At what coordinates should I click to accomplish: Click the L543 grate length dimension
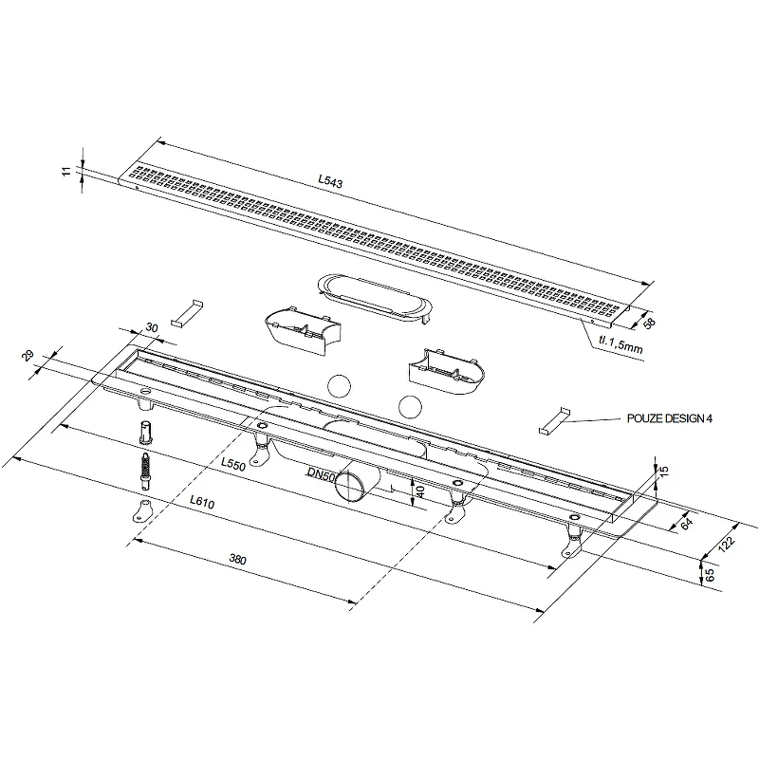pos(330,180)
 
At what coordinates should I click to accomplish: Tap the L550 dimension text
pos(233,464)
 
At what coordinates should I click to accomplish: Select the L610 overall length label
pos(202,502)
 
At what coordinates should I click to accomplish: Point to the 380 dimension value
pos(238,560)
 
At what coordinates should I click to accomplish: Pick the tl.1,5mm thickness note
pos(621,344)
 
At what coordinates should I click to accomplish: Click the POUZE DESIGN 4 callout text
pos(670,418)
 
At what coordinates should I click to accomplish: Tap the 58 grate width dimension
pos(650,323)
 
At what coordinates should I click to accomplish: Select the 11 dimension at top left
pos(67,171)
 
